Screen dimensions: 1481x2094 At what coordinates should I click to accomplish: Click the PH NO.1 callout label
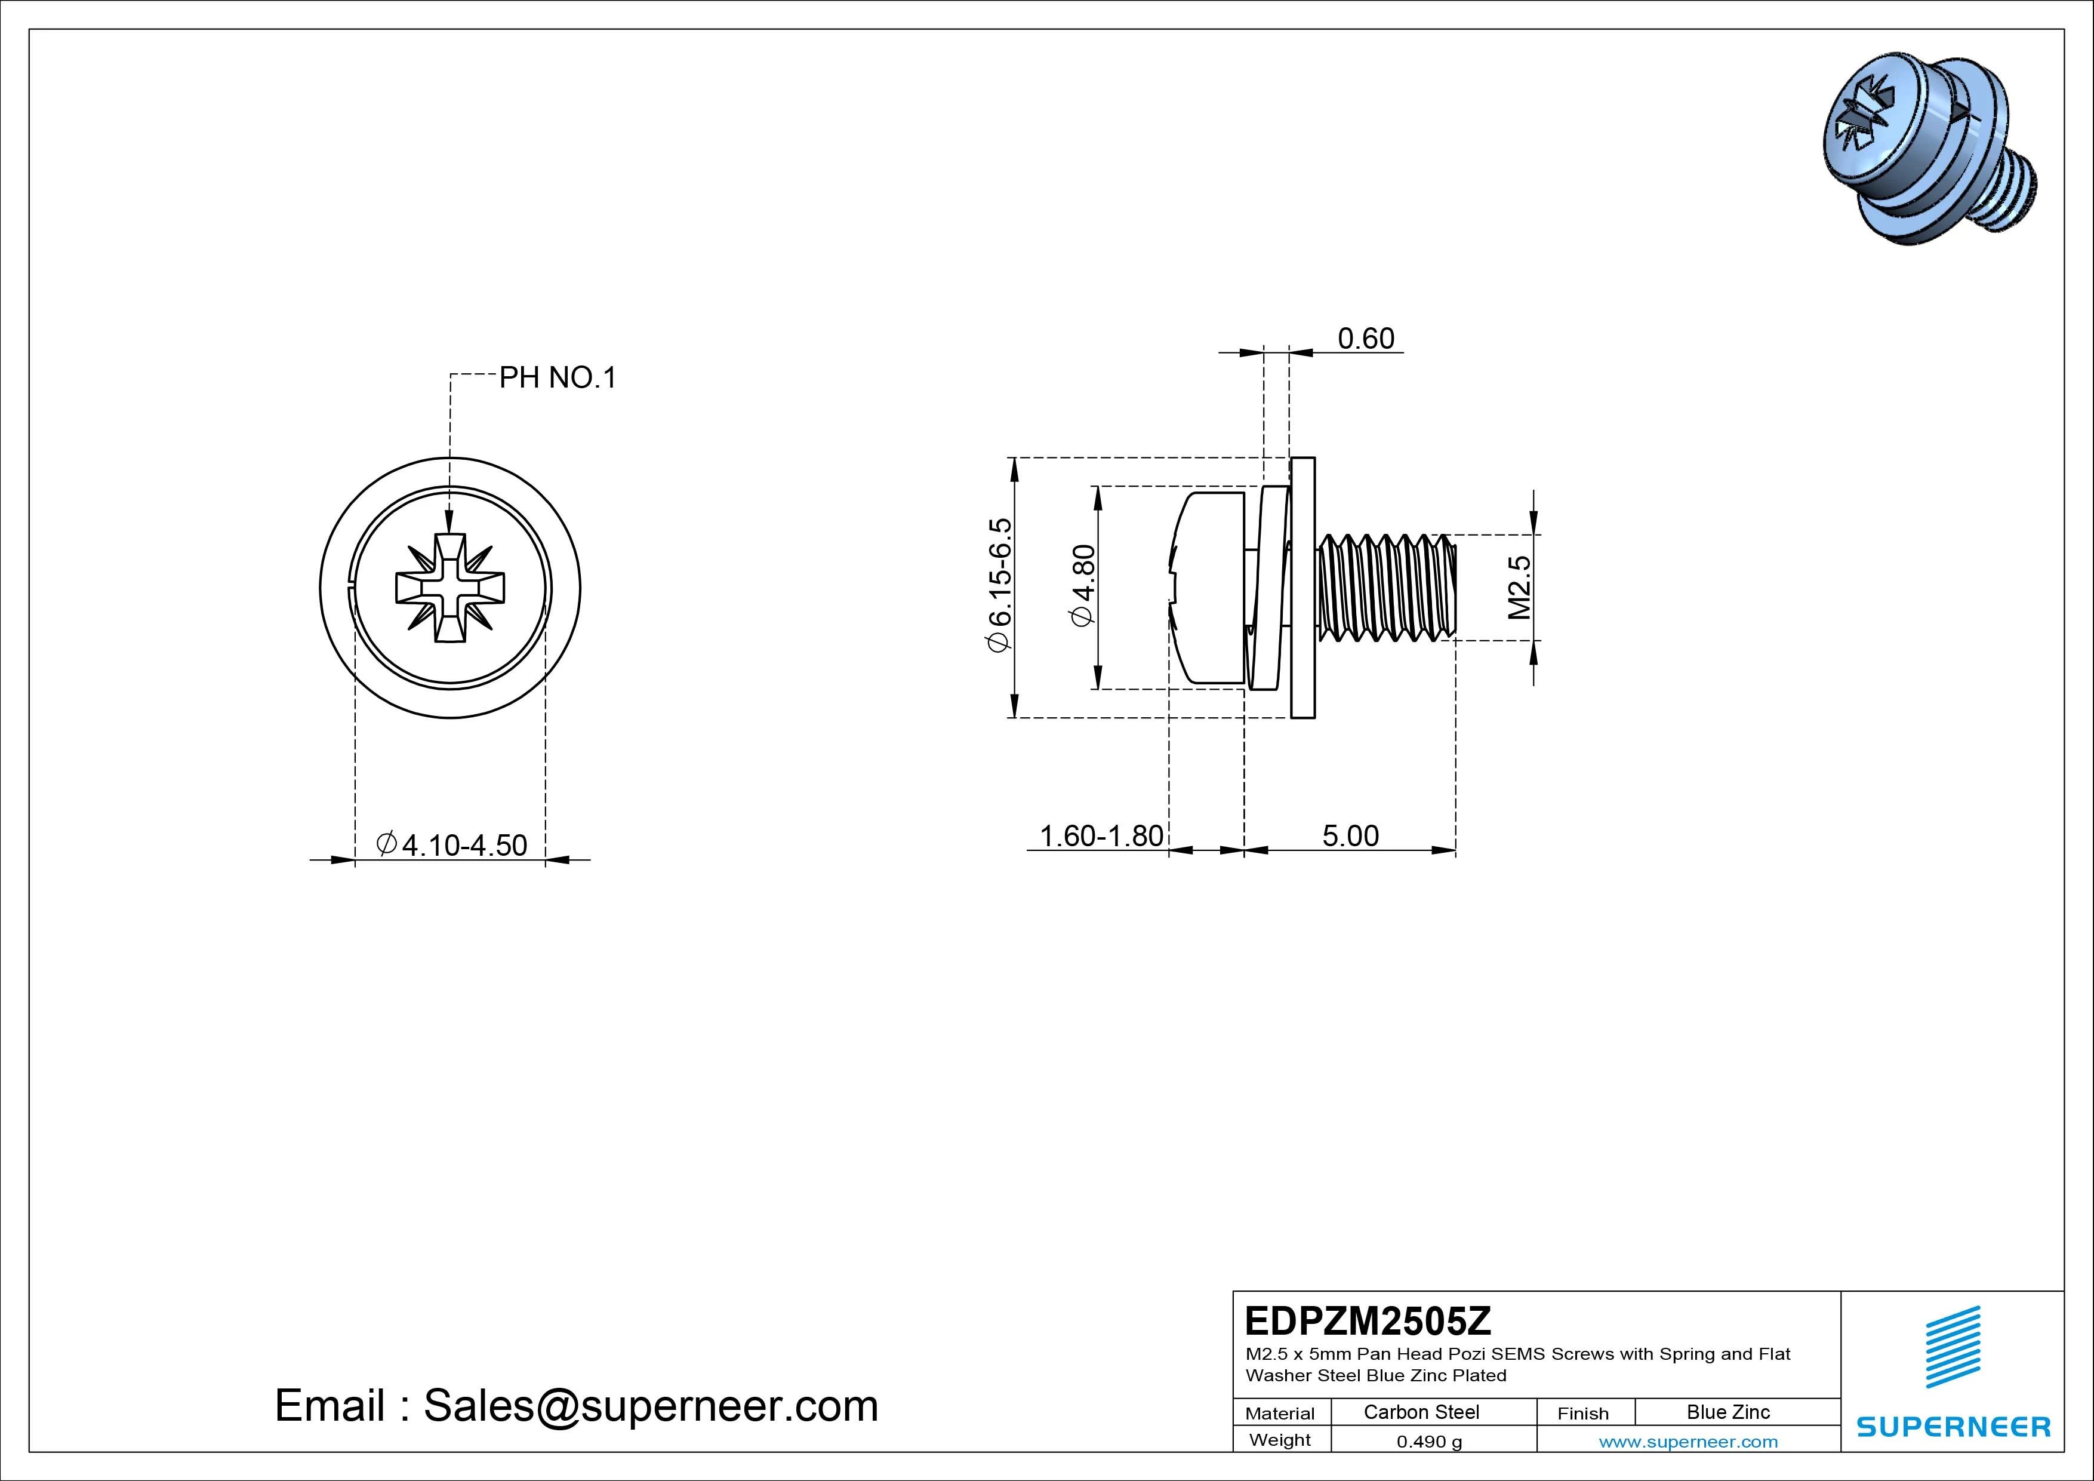[558, 378]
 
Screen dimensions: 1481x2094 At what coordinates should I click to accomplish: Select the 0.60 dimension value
[1365, 339]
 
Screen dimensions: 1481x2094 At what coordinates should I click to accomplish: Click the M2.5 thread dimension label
[1519, 587]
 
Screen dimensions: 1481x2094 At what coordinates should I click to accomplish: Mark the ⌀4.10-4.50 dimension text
[452, 845]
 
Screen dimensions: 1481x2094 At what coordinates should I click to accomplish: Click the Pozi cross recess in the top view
[449, 589]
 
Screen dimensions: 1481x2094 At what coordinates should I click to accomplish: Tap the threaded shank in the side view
[1386, 588]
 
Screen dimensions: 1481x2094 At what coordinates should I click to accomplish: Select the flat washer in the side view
[1303, 588]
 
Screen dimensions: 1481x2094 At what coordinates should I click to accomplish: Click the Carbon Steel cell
[1421, 1412]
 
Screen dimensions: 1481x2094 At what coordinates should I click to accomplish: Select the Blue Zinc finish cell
[1727, 1412]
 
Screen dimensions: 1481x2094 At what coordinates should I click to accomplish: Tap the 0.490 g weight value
[1428, 1442]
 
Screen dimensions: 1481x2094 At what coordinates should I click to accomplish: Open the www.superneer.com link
[1687, 1442]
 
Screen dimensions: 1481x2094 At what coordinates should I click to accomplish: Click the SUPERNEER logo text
[1953, 1426]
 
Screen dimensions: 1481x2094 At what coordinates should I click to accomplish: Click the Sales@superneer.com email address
[649, 1406]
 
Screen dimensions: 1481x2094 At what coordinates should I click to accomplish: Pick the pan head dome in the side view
[1204, 588]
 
